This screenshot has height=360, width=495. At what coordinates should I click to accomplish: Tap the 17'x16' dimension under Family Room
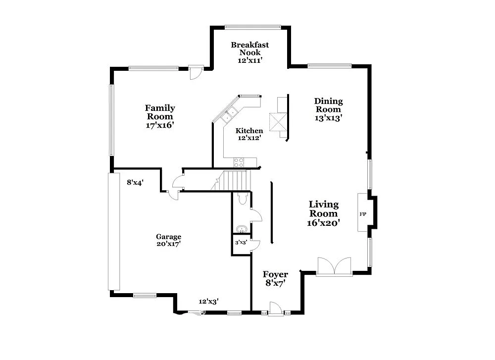(159, 125)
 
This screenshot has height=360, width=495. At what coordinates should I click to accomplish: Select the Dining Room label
(328, 105)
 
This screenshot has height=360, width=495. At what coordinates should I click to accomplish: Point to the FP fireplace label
(362, 214)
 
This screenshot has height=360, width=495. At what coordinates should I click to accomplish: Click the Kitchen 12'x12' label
(249, 134)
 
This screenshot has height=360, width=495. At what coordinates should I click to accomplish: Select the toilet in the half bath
(242, 199)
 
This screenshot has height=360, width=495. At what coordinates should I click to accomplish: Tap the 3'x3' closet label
(241, 243)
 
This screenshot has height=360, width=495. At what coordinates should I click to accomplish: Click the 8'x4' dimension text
(135, 182)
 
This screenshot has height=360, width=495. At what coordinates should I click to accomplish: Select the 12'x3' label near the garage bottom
(208, 301)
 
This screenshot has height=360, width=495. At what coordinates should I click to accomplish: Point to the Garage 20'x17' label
(169, 240)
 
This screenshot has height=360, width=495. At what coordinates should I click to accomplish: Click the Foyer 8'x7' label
(275, 278)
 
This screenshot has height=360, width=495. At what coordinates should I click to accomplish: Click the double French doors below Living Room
(334, 267)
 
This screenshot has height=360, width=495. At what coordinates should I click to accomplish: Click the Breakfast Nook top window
(253, 27)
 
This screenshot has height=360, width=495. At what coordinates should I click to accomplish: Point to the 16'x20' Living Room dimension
(324, 223)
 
